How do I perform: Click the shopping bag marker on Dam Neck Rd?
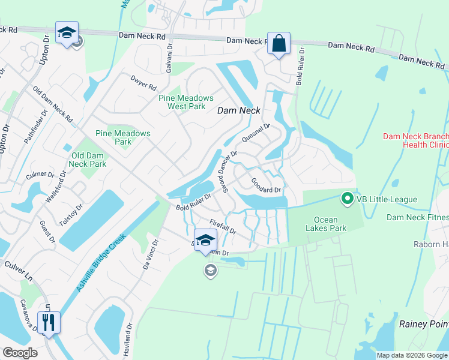coord(279,43)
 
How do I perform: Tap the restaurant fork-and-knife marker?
coord(48,322)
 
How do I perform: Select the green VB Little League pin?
coord(347,197)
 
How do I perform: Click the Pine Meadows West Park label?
coord(186,102)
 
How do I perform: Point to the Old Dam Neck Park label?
coord(88,160)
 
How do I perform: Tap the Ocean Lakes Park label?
coord(326,224)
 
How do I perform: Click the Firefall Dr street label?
coord(223,226)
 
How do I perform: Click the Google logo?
coord(20,352)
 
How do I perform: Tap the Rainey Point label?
coord(424,324)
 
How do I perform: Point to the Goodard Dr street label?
coord(266,185)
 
